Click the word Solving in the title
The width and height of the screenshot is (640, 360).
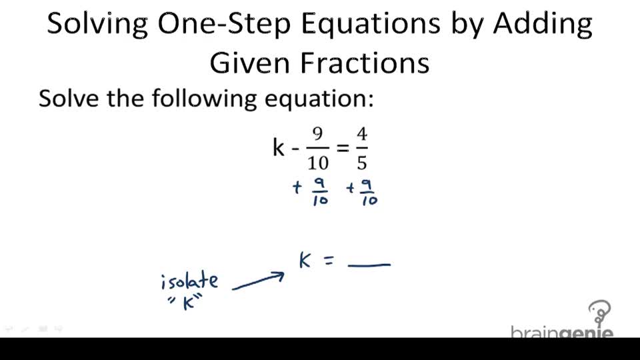pos(97,25)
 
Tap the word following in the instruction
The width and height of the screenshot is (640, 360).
pos(205,99)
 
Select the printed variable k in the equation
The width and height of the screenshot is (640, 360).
pos(279,147)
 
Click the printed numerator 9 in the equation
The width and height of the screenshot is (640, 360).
pos(317,133)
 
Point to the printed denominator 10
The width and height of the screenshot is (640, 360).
pos(318,162)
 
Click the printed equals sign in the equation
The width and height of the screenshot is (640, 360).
pos(343,147)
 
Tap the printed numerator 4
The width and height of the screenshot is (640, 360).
pos(362,133)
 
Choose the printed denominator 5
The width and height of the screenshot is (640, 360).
pos(362,162)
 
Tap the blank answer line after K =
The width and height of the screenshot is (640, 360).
pos(369,265)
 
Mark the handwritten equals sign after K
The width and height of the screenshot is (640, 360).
pos(327,263)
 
